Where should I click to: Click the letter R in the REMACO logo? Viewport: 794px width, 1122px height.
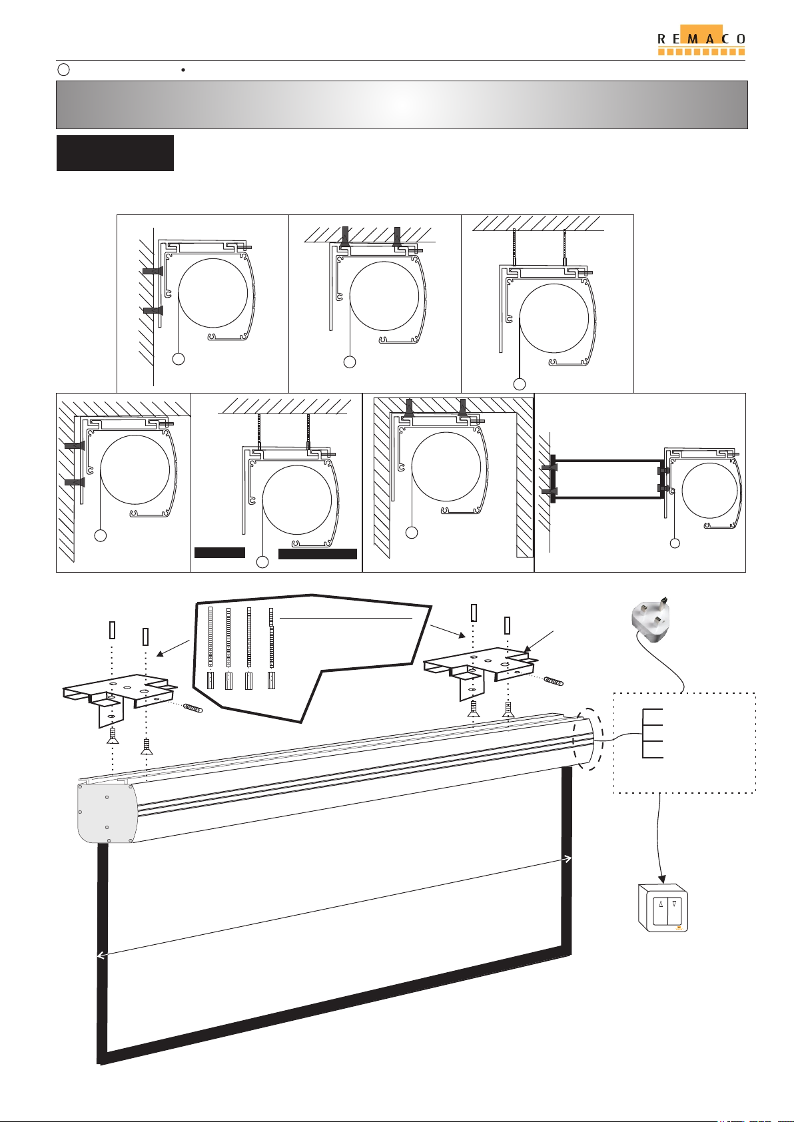click(661, 39)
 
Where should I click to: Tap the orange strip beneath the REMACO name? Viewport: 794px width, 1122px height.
click(701, 51)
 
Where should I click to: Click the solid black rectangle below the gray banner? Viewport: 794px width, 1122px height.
click(115, 152)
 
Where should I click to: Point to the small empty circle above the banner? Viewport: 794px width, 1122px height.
click(64, 70)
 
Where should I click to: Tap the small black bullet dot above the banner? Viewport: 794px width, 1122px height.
click(183, 70)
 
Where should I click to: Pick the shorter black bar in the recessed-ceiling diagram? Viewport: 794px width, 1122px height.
click(219, 553)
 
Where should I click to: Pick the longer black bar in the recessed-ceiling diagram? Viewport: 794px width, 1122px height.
click(318, 553)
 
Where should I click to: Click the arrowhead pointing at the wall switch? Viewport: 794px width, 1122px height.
click(662, 878)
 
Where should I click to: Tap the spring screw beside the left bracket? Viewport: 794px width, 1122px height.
click(193, 708)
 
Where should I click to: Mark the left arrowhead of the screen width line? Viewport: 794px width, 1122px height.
click(101, 956)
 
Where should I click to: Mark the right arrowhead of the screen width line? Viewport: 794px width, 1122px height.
click(568, 858)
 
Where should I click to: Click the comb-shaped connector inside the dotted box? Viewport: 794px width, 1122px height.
click(652, 733)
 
